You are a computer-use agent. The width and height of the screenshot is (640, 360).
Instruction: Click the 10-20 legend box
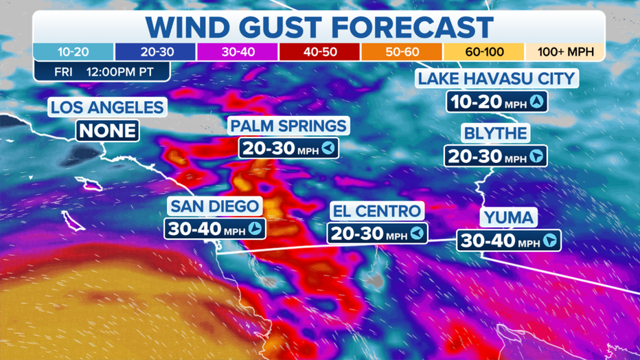pyautogui.click(x=73, y=52)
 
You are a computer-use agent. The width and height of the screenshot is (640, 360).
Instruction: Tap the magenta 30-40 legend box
pyautogui.click(x=238, y=52)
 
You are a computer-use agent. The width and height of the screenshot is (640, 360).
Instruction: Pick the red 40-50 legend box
pyautogui.click(x=319, y=52)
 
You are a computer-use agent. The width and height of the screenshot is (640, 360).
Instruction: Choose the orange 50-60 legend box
pyautogui.click(x=401, y=52)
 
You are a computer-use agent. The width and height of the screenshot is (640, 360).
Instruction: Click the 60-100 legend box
pyautogui.click(x=483, y=52)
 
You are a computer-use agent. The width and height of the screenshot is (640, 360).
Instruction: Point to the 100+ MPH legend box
pyautogui.click(x=564, y=52)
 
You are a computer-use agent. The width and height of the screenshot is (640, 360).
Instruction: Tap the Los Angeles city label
pyautogui.click(x=107, y=108)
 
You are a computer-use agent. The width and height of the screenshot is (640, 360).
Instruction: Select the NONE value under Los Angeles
pyautogui.click(x=108, y=130)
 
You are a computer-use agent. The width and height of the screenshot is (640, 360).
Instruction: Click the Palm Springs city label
pyautogui.click(x=288, y=126)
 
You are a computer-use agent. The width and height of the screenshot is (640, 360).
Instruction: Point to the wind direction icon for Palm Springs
pyautogui.click(x=329, y=148)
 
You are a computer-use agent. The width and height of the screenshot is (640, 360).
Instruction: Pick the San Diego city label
pyautogui.click(x=215, y=206)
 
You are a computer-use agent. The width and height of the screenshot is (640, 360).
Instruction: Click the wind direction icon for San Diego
pyautogui.click(x=255, y=229)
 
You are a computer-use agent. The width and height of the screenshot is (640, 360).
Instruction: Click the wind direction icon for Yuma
pyautogui.click(x=549, y=241)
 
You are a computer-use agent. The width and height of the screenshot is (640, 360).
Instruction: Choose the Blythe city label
pyautogui.click(x=494, y=133)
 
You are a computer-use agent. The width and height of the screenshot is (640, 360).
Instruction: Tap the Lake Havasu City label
pyautogui.click(x=496, y=78)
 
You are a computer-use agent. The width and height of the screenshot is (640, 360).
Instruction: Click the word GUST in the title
pyautogui.click(x=270, y=27)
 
